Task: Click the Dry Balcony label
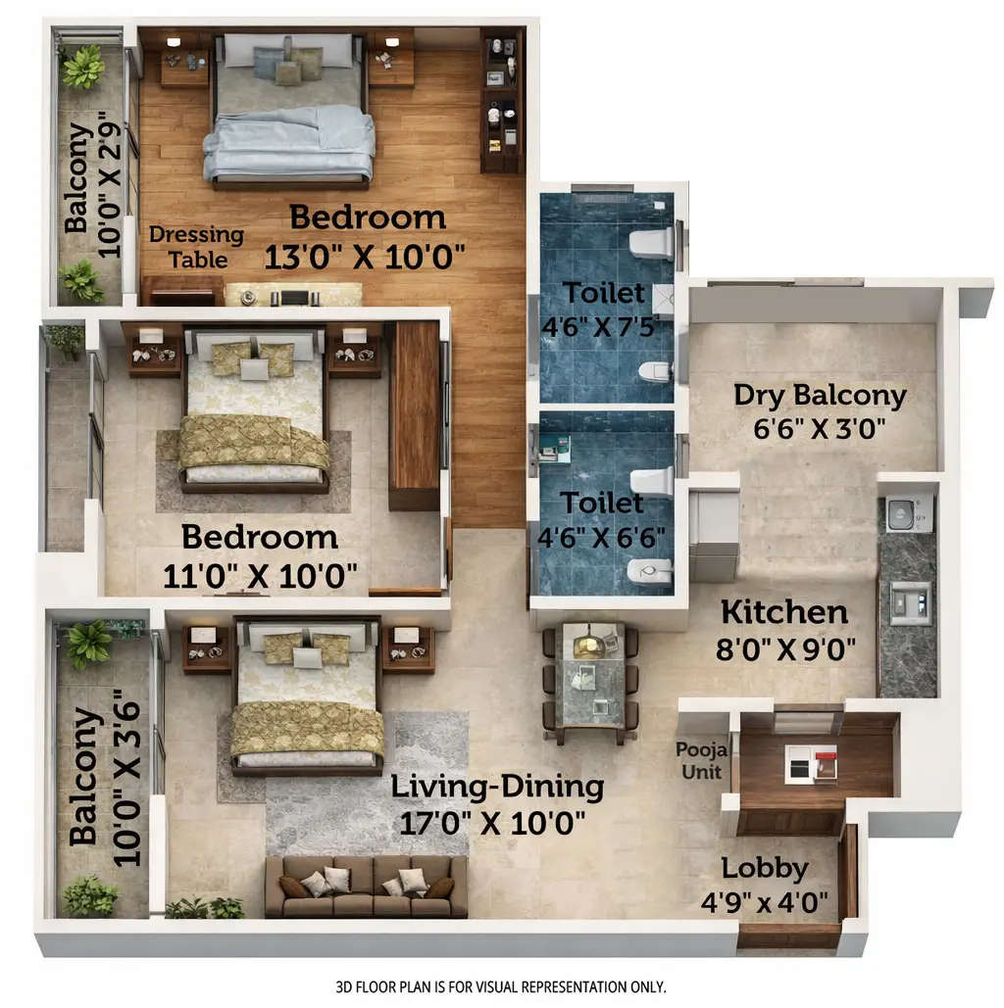[820, 396]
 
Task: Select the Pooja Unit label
[699, 760]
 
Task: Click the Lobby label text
[765, 868]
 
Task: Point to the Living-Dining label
[497, 787]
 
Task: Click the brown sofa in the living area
[366, 886]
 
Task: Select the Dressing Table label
[196, 247]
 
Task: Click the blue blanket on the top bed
[290, 142]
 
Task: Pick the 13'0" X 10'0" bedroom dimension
[365, 257]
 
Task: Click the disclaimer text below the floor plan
[500, 985]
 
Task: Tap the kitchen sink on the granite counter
[909, 601]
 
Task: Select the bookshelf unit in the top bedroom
[501, 101]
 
